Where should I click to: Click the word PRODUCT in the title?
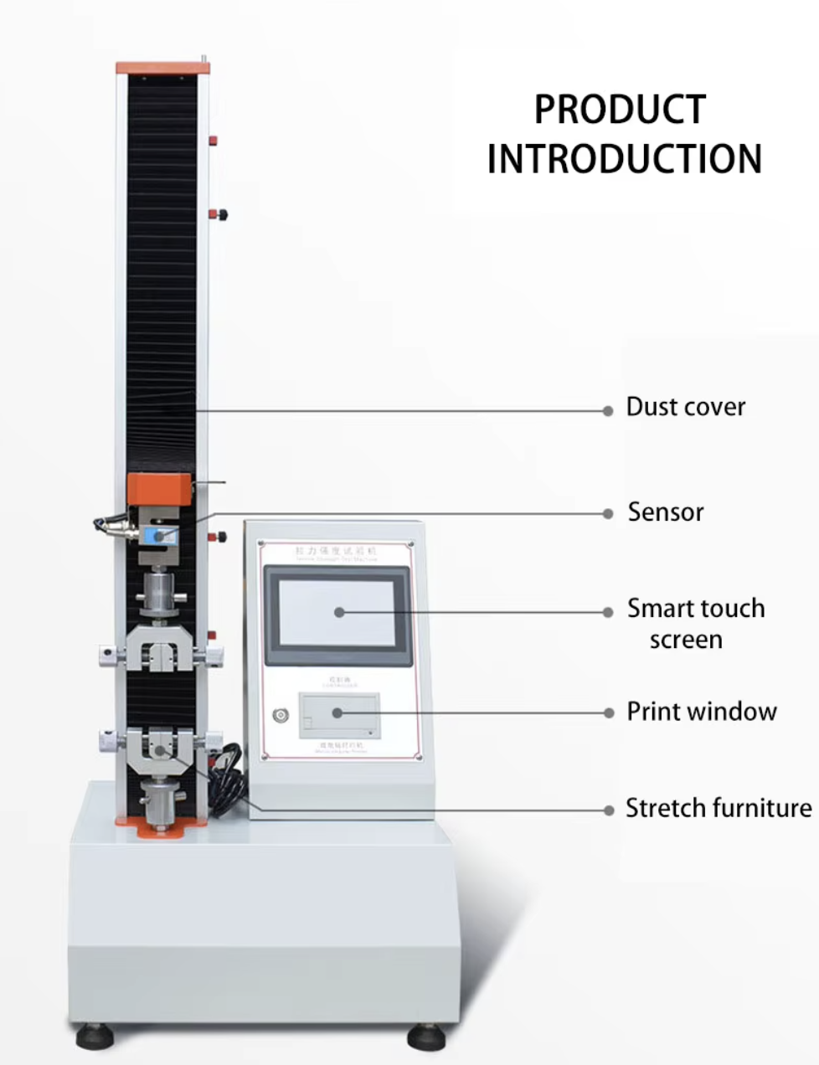pos(620,110)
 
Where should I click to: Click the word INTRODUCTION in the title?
pos(625,159)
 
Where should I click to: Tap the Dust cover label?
pos(685,407)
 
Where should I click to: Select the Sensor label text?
pos(666,512)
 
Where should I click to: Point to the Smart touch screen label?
pos(695,624)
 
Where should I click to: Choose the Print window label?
pos(702,712)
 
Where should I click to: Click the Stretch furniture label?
pos(719,808)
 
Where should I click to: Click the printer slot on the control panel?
pos(339,714)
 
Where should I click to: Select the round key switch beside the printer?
pos(280,715)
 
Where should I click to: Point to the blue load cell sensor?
pos(161,534)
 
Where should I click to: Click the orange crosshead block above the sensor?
pos(160,488)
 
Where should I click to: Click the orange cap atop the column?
pos(162,67)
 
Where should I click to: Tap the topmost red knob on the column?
pos(214,140)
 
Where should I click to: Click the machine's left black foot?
pos(94,1037)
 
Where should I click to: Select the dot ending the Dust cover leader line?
pos(608,410)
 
